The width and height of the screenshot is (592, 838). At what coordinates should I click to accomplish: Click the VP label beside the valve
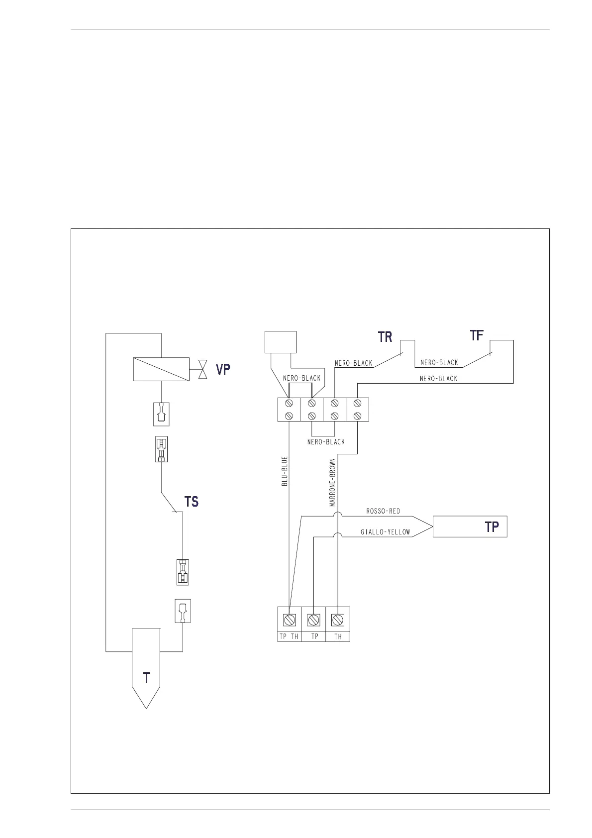pos(222,369)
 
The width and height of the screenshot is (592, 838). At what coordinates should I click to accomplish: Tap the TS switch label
pos(192,502)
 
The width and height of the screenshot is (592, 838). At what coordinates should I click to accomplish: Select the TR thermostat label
pos(385,337)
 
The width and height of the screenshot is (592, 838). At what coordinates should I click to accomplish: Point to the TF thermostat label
pos(477,335)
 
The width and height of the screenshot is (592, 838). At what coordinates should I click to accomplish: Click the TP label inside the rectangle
pos(492,527)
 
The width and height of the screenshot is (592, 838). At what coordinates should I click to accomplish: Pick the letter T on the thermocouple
pos(146,678)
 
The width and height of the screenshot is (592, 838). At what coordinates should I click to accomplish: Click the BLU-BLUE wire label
pos(285,471)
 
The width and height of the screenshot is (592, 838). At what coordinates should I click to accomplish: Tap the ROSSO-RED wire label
pos(383,511)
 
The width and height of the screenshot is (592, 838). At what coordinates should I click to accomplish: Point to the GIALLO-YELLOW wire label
pos(385,532)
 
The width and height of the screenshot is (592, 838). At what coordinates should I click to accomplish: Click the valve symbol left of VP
pos(202,369)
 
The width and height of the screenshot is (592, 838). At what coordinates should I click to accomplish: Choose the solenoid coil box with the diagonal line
pos(161,369)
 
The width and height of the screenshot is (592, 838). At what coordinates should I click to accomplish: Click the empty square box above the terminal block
pos(280,342)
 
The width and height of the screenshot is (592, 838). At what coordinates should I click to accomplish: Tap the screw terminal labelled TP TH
pos(290,620)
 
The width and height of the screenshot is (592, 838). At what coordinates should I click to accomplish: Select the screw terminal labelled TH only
pos(338,620)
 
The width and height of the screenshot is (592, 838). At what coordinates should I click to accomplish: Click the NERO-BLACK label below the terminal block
pos(326,442)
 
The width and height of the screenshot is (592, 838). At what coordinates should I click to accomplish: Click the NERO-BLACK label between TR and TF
pos(439,363)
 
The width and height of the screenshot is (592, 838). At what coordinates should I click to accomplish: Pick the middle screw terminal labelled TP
pos(313,620)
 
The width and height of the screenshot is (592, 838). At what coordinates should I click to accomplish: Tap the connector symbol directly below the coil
pos(161,414)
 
